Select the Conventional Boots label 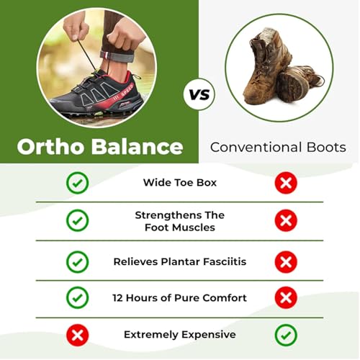[x=278, y=148]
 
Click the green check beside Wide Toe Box [x=77, y=183]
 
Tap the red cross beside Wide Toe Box [x=286, y=183]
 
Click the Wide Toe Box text [x=179, y=183]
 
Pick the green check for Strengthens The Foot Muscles [x=77, y=221]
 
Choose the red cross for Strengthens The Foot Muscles [x=286, y=221]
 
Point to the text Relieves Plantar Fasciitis [x=179, y=261]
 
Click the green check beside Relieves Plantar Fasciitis [x=77, y=261]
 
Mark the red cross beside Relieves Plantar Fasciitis [x=286, y=261]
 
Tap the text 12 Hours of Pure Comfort [x=179, y=297]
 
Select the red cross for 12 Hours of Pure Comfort [x=286, y=297]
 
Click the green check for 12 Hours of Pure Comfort [x=77, y=297]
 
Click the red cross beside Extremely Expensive [x=77, y=335]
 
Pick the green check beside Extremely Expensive [x=286, y=335]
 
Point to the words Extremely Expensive [x=179, y=335]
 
